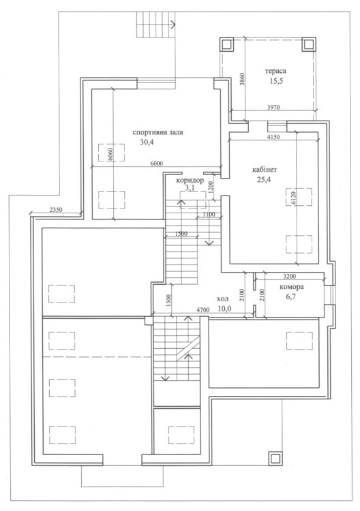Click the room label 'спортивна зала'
(x=157, y=132)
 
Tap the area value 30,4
(x=147, y=142)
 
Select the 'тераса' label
(x=275, y=71)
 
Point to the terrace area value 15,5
(x=276, y=81)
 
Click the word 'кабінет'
(x=265, y=170)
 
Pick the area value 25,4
(x=264, y=180)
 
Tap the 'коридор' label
(x=190, y=181)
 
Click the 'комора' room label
(x=292, y=287)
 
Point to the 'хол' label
(x=222, y=299)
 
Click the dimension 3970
(x=273, y=107)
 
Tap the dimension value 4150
(x=273, y=137)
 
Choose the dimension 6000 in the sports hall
(x=157, y=164)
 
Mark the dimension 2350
(x=56, y=210)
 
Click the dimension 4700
(x=203, y=310)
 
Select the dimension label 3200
(x=290, y=277)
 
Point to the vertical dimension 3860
(x=241, y=78)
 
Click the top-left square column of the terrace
(x=226, y=44)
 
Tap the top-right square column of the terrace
(x=308, y=44)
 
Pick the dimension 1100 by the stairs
(x=209, y=215)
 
